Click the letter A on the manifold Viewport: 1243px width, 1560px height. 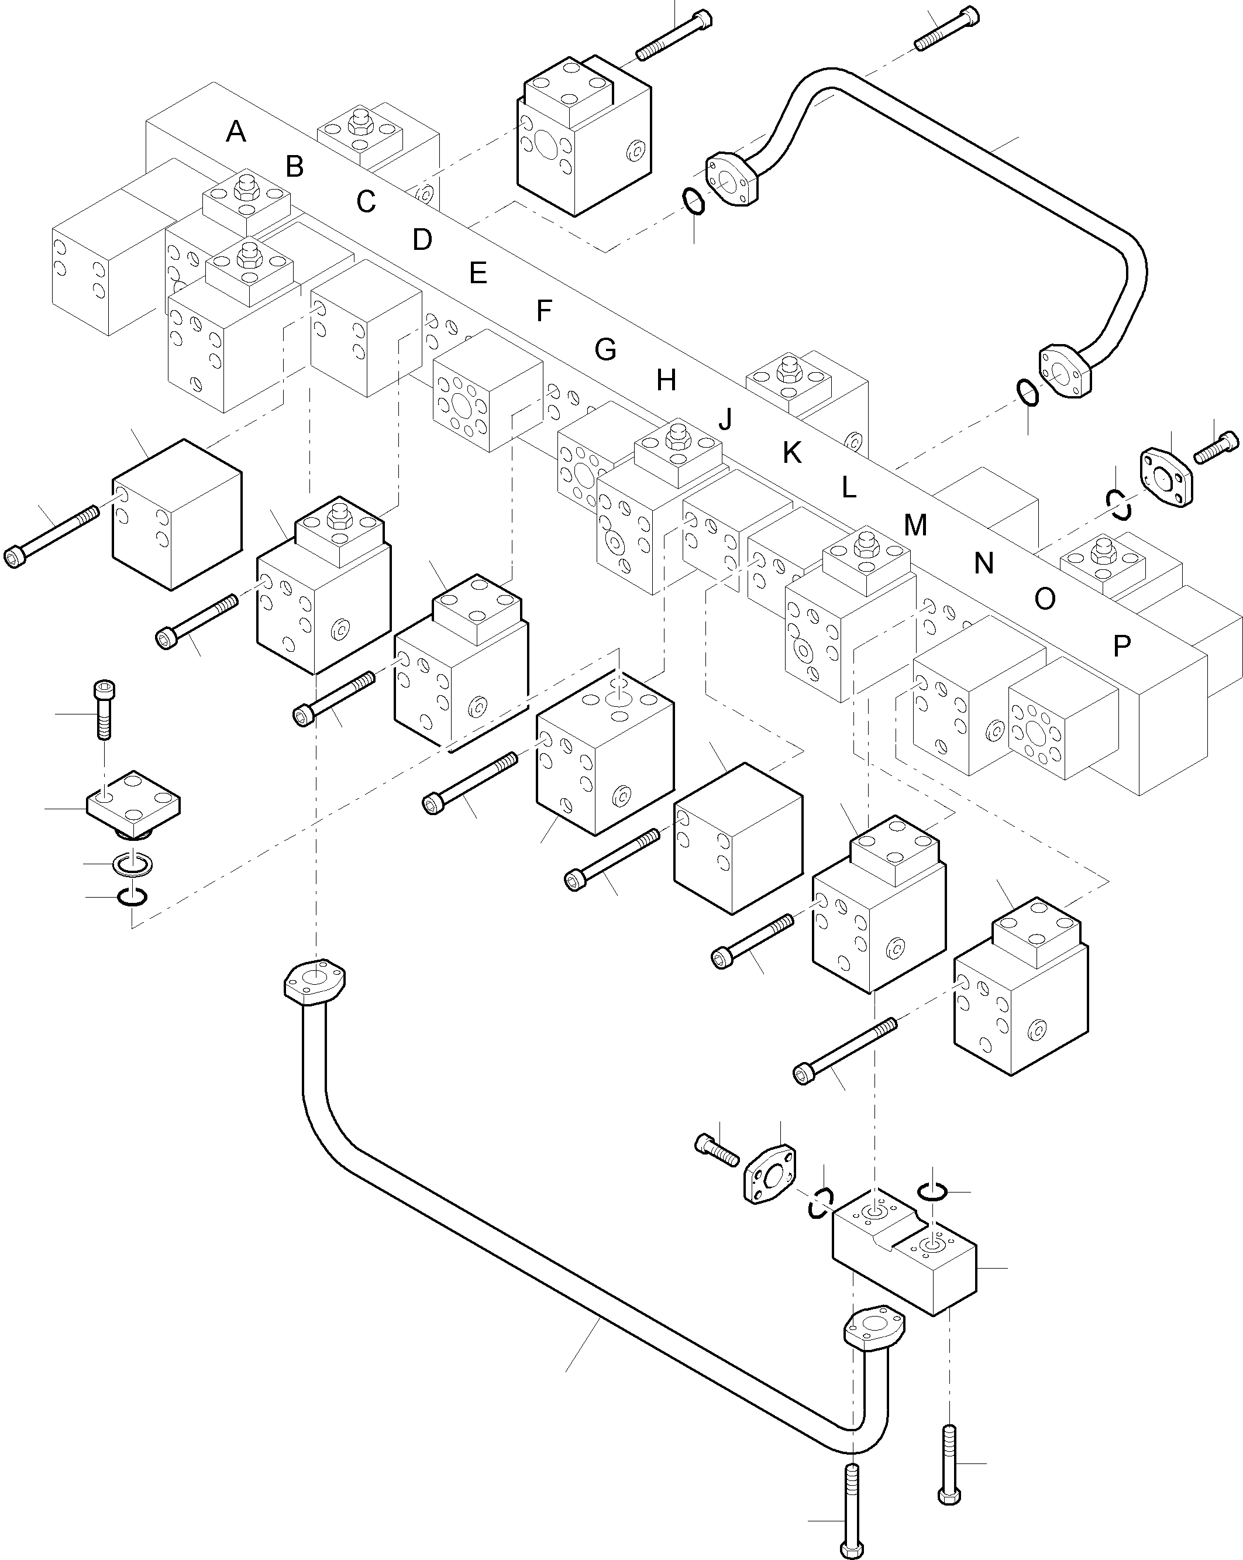point(236,132)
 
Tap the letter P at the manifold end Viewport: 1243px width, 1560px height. point(1121,645)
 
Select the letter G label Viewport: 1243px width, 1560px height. point(605,350)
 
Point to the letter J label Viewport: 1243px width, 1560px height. point(725,418)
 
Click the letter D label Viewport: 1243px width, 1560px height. point(422,239)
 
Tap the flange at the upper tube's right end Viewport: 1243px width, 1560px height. point(1063,371)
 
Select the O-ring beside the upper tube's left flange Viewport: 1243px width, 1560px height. point(693,201)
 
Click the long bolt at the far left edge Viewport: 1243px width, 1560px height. point(51,536)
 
